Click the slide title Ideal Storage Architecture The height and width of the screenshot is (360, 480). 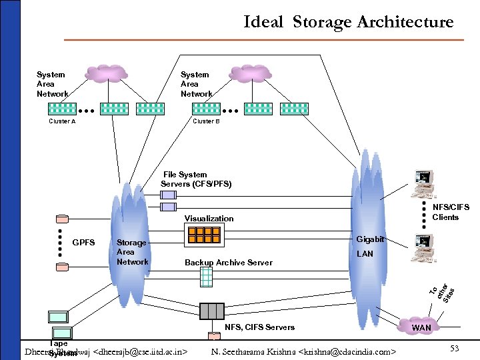click(x=348, y=22)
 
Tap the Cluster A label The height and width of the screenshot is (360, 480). click(x=63, y=122)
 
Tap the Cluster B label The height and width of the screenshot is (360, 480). click(x=206, y=122)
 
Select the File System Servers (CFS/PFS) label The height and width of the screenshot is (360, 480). click(x=196, y=179)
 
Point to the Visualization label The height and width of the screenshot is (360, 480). click(x=209, y=219)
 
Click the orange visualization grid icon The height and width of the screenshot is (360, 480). click(x=203, y=235)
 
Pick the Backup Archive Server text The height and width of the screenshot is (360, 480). click(x=228, y=263)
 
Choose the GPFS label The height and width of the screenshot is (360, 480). click(x=83, y=242)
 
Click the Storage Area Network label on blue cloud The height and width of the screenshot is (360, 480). click(x=132, y=252)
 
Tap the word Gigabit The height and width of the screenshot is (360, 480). click(x=370, y=239)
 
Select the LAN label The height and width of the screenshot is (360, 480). click(x=365, y=254)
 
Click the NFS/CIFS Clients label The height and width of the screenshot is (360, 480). click(x=450, y=212)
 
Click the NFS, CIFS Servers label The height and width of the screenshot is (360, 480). click(x=259, y=327)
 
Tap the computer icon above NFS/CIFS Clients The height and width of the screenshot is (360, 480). click(x=424, y=181)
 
